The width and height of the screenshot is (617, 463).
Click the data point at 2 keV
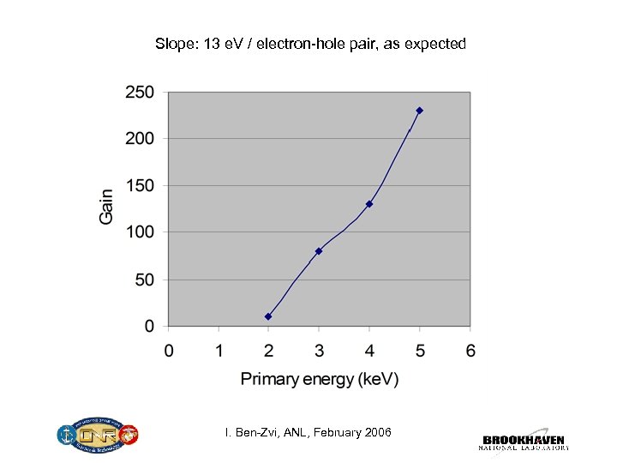point(268,316)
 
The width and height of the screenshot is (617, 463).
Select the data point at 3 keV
point(319,251)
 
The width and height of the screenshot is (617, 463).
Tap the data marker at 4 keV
point(369,204)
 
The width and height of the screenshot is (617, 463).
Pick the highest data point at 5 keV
point(419,111)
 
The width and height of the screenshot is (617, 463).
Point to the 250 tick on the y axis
point(140,92)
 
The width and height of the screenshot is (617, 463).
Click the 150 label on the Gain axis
point(140,185)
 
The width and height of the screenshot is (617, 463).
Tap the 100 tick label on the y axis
point(140,232)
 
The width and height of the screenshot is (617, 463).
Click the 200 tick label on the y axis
point(140,139)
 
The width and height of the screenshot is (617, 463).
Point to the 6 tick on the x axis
point(470,350)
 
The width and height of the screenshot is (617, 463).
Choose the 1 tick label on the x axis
point(219,350)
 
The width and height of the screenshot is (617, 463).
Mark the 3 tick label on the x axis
point(319,350)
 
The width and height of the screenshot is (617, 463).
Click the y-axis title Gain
point(106,207)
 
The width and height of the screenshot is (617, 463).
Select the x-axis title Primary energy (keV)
point(319,378)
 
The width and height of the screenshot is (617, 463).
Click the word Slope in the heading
point(174,43)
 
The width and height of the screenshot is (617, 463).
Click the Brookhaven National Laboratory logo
point(524,440)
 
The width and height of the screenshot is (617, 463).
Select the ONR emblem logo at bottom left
point(99,436)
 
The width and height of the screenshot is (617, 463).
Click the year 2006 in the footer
point(376,432)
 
